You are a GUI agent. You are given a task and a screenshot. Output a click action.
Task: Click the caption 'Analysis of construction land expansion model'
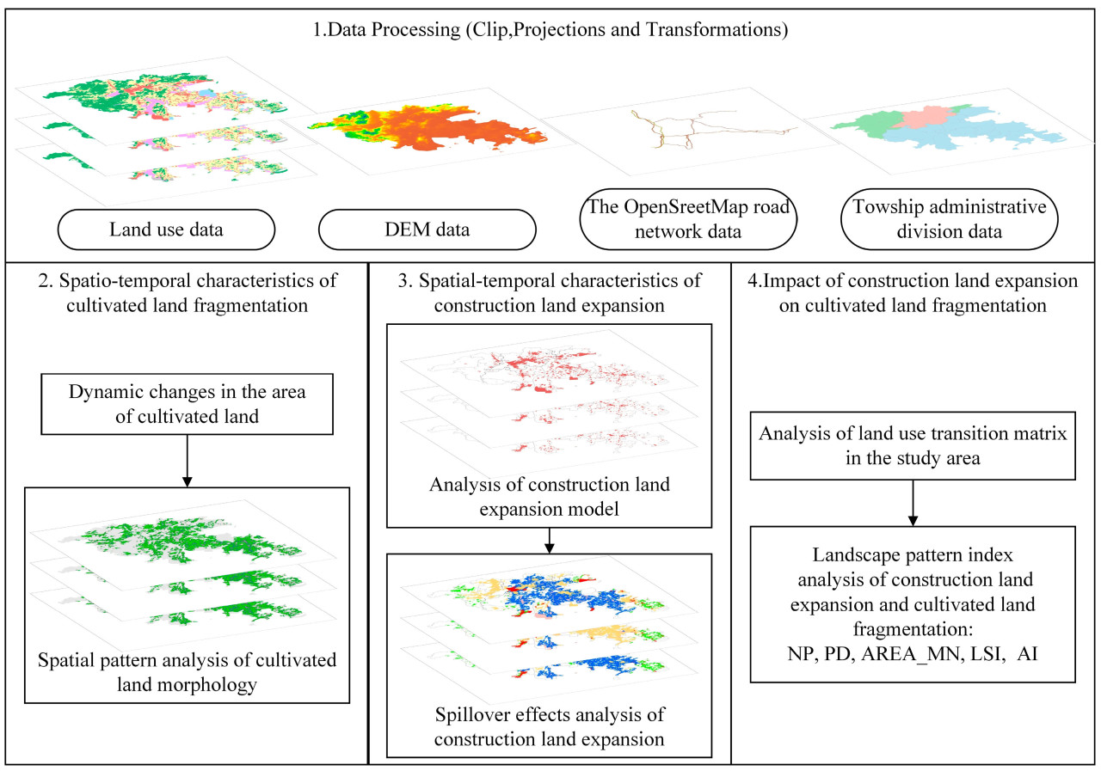pos(549,496)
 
